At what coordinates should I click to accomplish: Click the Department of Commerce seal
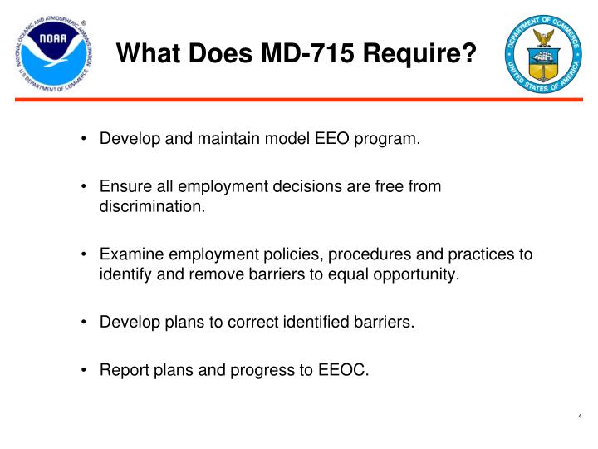coord(543,56)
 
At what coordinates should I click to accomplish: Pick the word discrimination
coord(152,207)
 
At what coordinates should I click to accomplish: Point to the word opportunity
coord(416,274)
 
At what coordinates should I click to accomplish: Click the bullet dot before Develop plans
coord(86,323)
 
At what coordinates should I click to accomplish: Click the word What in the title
coord(144,55)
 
